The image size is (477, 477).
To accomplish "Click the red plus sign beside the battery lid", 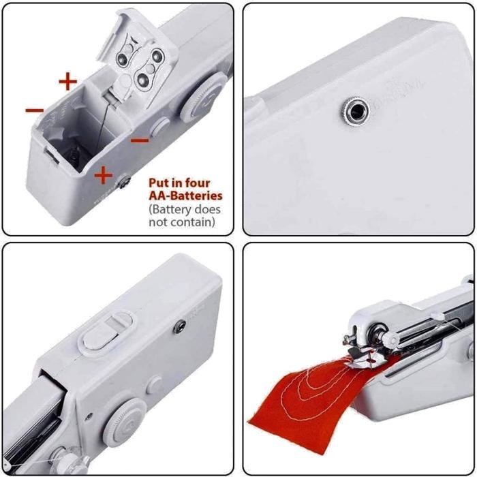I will [67, 82].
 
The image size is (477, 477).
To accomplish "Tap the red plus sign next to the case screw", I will [104, 176].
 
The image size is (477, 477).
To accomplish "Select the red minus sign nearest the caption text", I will [140, 141].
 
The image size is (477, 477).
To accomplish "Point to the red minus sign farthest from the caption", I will [35, 110].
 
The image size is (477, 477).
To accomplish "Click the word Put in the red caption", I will [161, 183].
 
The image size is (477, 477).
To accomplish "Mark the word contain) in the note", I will [191, 221].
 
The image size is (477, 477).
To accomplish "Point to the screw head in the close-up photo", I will [354, 108].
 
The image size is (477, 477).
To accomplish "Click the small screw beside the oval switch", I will [180, 326].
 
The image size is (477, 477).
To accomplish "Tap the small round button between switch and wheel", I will [155, 385].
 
